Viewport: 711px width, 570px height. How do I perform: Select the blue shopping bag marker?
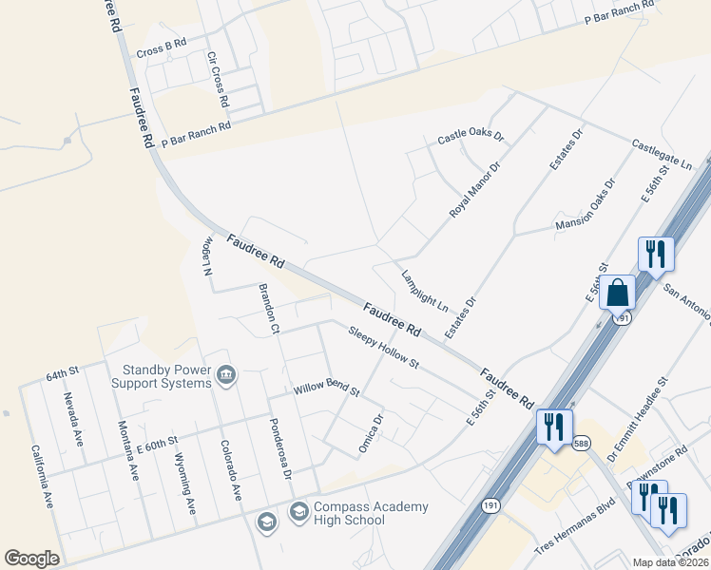point(618,293)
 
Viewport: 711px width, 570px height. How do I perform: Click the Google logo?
point(31,559)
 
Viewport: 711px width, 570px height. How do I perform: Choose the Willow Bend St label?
point(326,389)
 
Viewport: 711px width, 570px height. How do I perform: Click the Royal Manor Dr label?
point(474,190)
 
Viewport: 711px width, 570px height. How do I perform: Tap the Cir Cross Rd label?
point(218,78)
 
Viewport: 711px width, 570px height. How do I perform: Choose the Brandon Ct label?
point(267,308)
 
